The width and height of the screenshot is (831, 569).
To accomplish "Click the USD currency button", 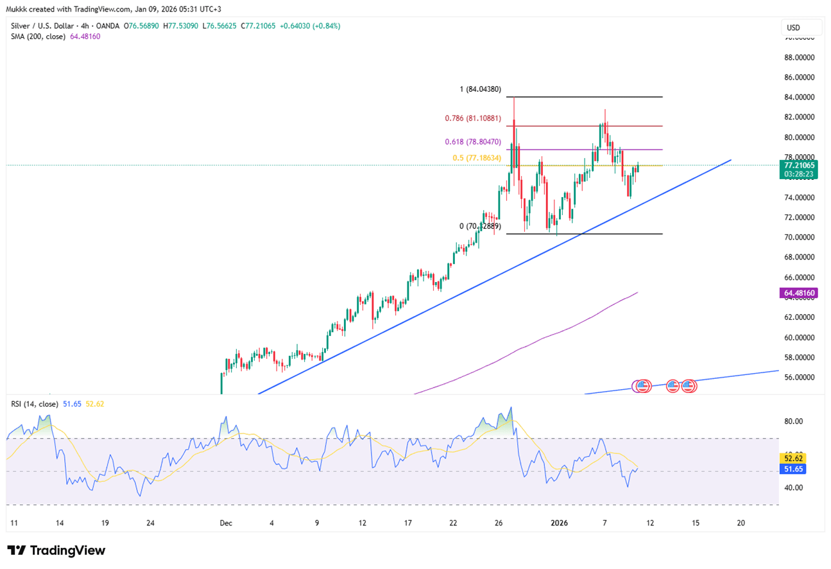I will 801,28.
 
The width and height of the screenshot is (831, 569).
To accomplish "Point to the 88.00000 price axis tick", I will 800,57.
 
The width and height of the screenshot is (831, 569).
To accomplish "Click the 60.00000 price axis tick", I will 800,337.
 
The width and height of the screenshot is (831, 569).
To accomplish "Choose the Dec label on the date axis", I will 226,523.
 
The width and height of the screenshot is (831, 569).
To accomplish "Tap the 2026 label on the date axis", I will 560,523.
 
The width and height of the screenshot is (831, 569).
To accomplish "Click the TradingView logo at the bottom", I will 56,550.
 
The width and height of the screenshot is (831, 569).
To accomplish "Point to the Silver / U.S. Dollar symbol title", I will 48,26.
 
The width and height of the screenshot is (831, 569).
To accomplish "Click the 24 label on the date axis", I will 150,523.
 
